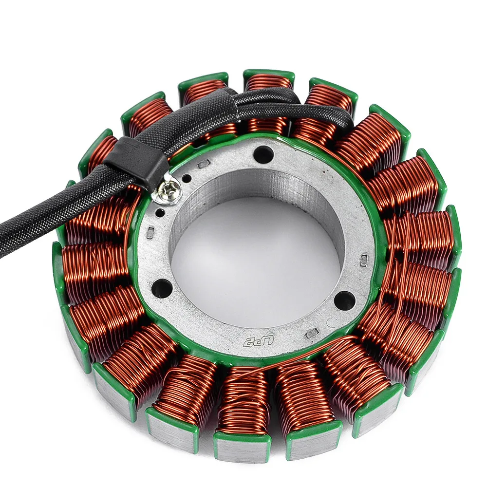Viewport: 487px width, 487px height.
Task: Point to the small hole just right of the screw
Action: pyautogui.click(x=188, y=175)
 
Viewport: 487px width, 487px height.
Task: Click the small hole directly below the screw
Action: pyautogui.click(x=161, y=211)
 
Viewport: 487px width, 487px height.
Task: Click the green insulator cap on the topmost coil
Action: pyautogui.click(x=268, y=74)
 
